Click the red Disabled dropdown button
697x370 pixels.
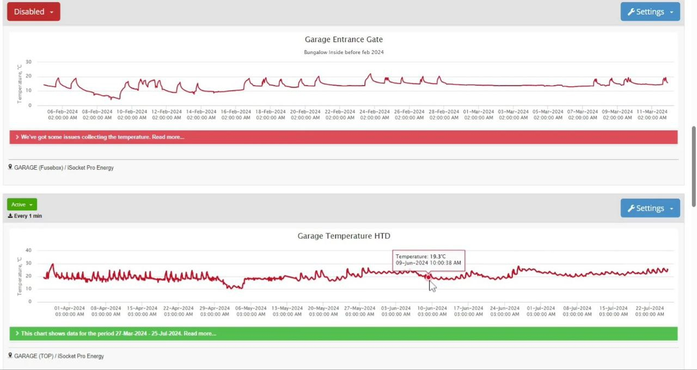pyautogui.click(x=33, y=12)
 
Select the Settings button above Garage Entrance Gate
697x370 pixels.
pyautogui.click(x=650, y=12)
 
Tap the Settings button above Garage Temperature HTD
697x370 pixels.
pyautogui.click(x=650, y=208)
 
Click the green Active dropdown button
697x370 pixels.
pyautogui.click(x=22, y=204)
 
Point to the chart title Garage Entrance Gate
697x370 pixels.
pyautogui.click(x=344, y=40)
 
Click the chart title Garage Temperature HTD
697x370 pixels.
pyautogui.click(x=344, y=236)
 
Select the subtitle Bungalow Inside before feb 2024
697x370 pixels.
pyautogui.click(x=344, y=52)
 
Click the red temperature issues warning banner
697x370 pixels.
pyautogui.click(x=343, y=137)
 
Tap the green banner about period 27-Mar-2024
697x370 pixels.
pyautogui.click(x=343, y=333)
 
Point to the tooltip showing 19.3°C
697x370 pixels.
pyautogui.click(x=429, y=259)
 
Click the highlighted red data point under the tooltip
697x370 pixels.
pyautogui.click(x=429, y=277)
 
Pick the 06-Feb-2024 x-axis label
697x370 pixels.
pyautogui.click(x=62, y=114)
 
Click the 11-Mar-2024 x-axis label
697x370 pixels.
pyautogui.click(x=652, y=114)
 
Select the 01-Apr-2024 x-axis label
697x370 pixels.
pyautogui.click(x=69, y=311)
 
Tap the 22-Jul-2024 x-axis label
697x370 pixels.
pyautogui.click(x=649, y=311)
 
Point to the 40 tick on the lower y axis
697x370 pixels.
pyautogui.click(x=28, y=250)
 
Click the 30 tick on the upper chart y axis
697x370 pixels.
pyautogui.click(x=28, y=62)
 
